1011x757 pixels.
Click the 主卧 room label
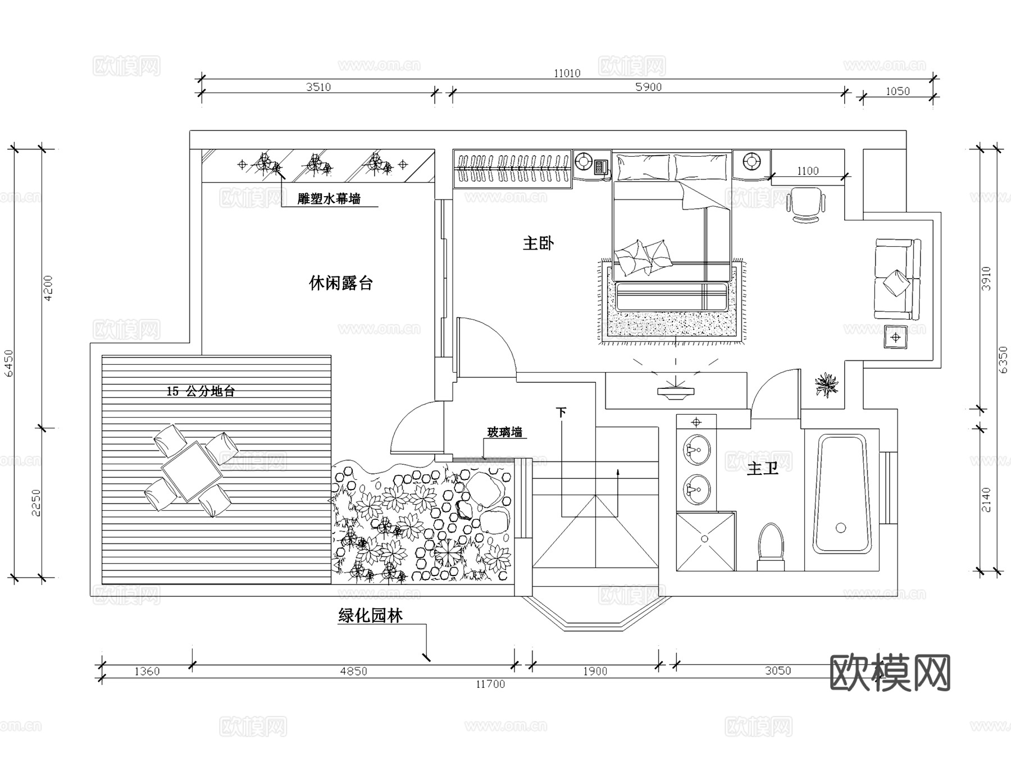(538, 243)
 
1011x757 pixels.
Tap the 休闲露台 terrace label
(341, 283)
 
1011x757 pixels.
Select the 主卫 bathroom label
(763, 468)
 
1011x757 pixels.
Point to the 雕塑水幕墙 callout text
(329, 198)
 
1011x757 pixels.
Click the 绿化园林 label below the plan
(370, 616)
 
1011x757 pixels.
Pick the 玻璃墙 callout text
(504, 432)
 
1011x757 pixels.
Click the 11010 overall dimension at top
(567, 73)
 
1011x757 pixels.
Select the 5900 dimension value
(648, 87)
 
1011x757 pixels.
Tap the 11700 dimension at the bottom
(490, 684)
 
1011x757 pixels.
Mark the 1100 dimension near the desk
(808, 171)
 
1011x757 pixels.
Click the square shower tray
(705, 541)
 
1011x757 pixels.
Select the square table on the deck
(192, 471)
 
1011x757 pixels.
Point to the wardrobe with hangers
(512, 168)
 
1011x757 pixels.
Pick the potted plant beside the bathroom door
(826, 385)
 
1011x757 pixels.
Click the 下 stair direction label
(561, 412)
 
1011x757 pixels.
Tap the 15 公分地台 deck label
(201, 391)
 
